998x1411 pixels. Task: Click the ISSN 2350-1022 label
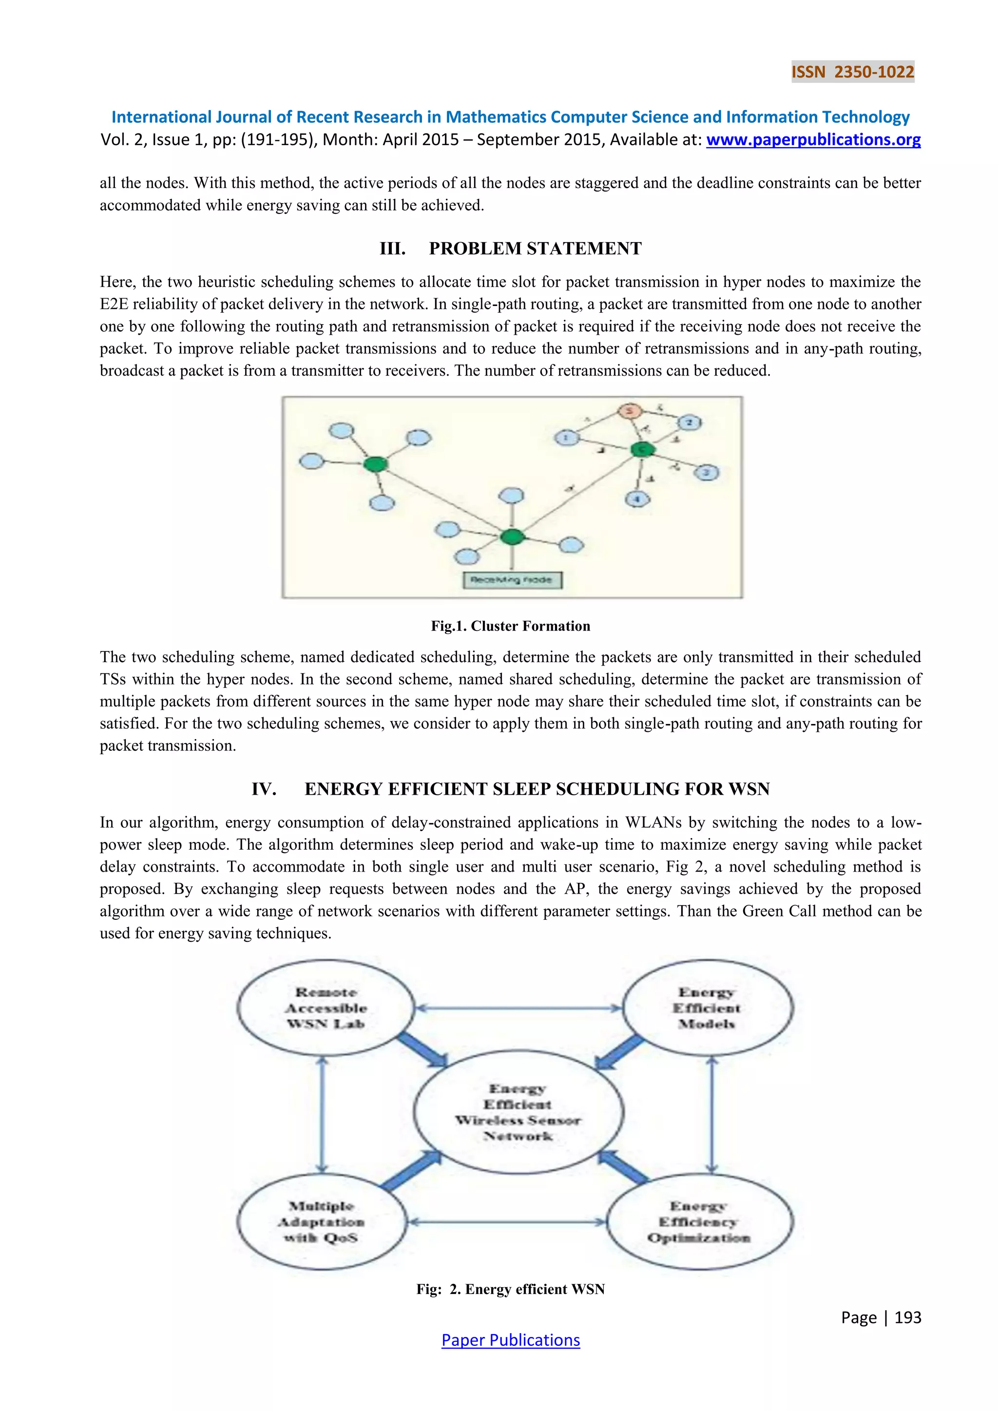(852, 72)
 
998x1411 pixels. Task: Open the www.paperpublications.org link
(813, 140)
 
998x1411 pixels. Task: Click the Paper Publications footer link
(510, 1340)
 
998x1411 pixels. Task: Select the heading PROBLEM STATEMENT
(535, 248)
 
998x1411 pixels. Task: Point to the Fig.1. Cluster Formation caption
(510, 626)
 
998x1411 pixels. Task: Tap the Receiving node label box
(512, 579)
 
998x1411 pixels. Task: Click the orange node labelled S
(629, 411)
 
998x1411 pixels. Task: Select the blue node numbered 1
(566, 438)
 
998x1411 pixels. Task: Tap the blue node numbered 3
(706, 473)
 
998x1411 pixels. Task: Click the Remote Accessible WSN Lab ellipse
(325, 1008)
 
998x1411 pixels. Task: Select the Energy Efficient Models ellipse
(708, 1008)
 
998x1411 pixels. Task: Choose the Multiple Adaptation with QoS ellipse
(322, 1222)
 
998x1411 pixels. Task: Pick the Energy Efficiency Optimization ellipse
(699, 1222)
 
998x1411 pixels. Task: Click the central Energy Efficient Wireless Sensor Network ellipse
(518, 1112)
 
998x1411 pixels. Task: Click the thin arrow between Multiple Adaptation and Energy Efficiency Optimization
(507, 1222)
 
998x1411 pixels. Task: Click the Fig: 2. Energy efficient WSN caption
(510, 1289)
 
